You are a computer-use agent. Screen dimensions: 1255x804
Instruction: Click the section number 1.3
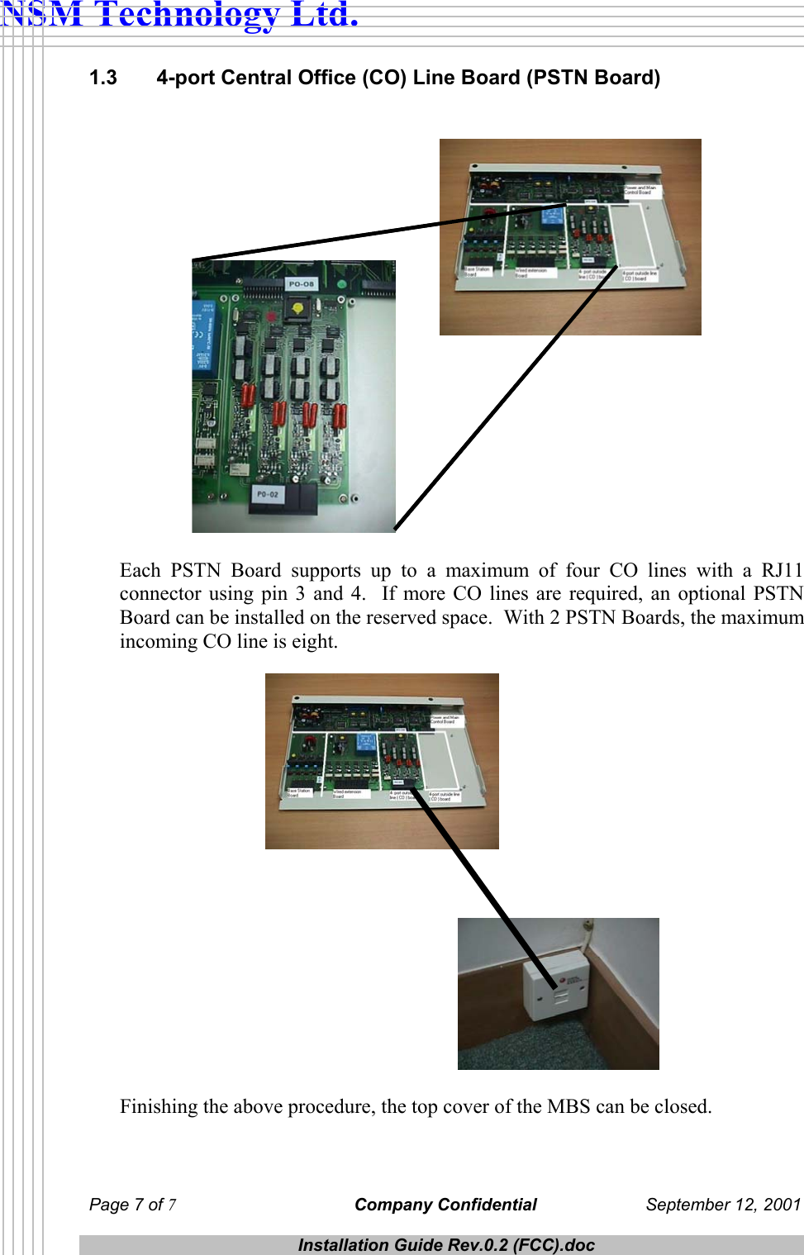[x=103, y=78]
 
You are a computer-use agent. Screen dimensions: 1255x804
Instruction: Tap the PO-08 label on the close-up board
[x=301, y=284]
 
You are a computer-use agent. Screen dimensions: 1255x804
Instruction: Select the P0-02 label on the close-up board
[x=268, y=495]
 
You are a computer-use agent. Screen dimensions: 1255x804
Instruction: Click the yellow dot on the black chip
[x=298, y=309]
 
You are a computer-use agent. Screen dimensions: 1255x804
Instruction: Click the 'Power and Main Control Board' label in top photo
[x=640, y=190]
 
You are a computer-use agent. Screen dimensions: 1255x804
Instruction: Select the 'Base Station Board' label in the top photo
[x=477, y=271]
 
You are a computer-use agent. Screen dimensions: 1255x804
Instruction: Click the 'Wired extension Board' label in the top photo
[x=530, y=272]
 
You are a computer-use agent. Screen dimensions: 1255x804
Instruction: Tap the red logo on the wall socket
[x=570, y=979]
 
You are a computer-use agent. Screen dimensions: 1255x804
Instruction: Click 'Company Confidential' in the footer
[x=445, y=1205]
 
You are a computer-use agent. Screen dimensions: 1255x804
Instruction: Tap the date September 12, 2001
[x=723, y=1205]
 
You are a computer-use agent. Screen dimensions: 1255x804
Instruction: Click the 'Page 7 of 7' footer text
[x=132, y=1205]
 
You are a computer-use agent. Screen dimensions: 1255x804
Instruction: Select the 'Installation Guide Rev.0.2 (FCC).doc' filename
[x=446, y=1245]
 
